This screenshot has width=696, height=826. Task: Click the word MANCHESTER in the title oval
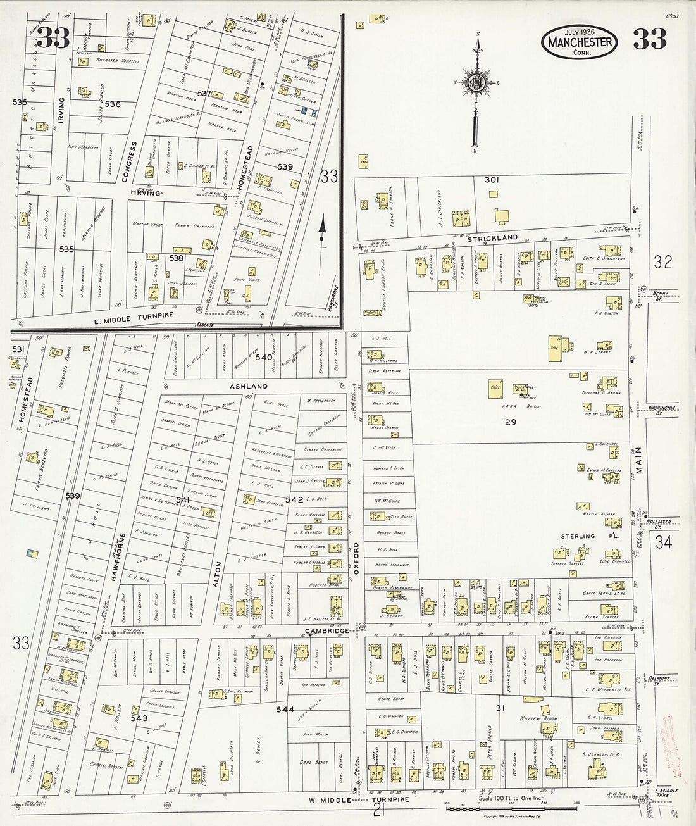580,42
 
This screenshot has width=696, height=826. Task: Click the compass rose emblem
476,83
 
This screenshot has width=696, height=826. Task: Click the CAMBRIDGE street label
326,631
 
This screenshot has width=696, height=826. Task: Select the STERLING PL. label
590,536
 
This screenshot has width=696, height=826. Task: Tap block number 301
492,180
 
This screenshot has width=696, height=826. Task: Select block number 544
285,710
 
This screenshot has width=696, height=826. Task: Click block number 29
510,422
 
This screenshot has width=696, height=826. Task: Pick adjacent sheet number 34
663,542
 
